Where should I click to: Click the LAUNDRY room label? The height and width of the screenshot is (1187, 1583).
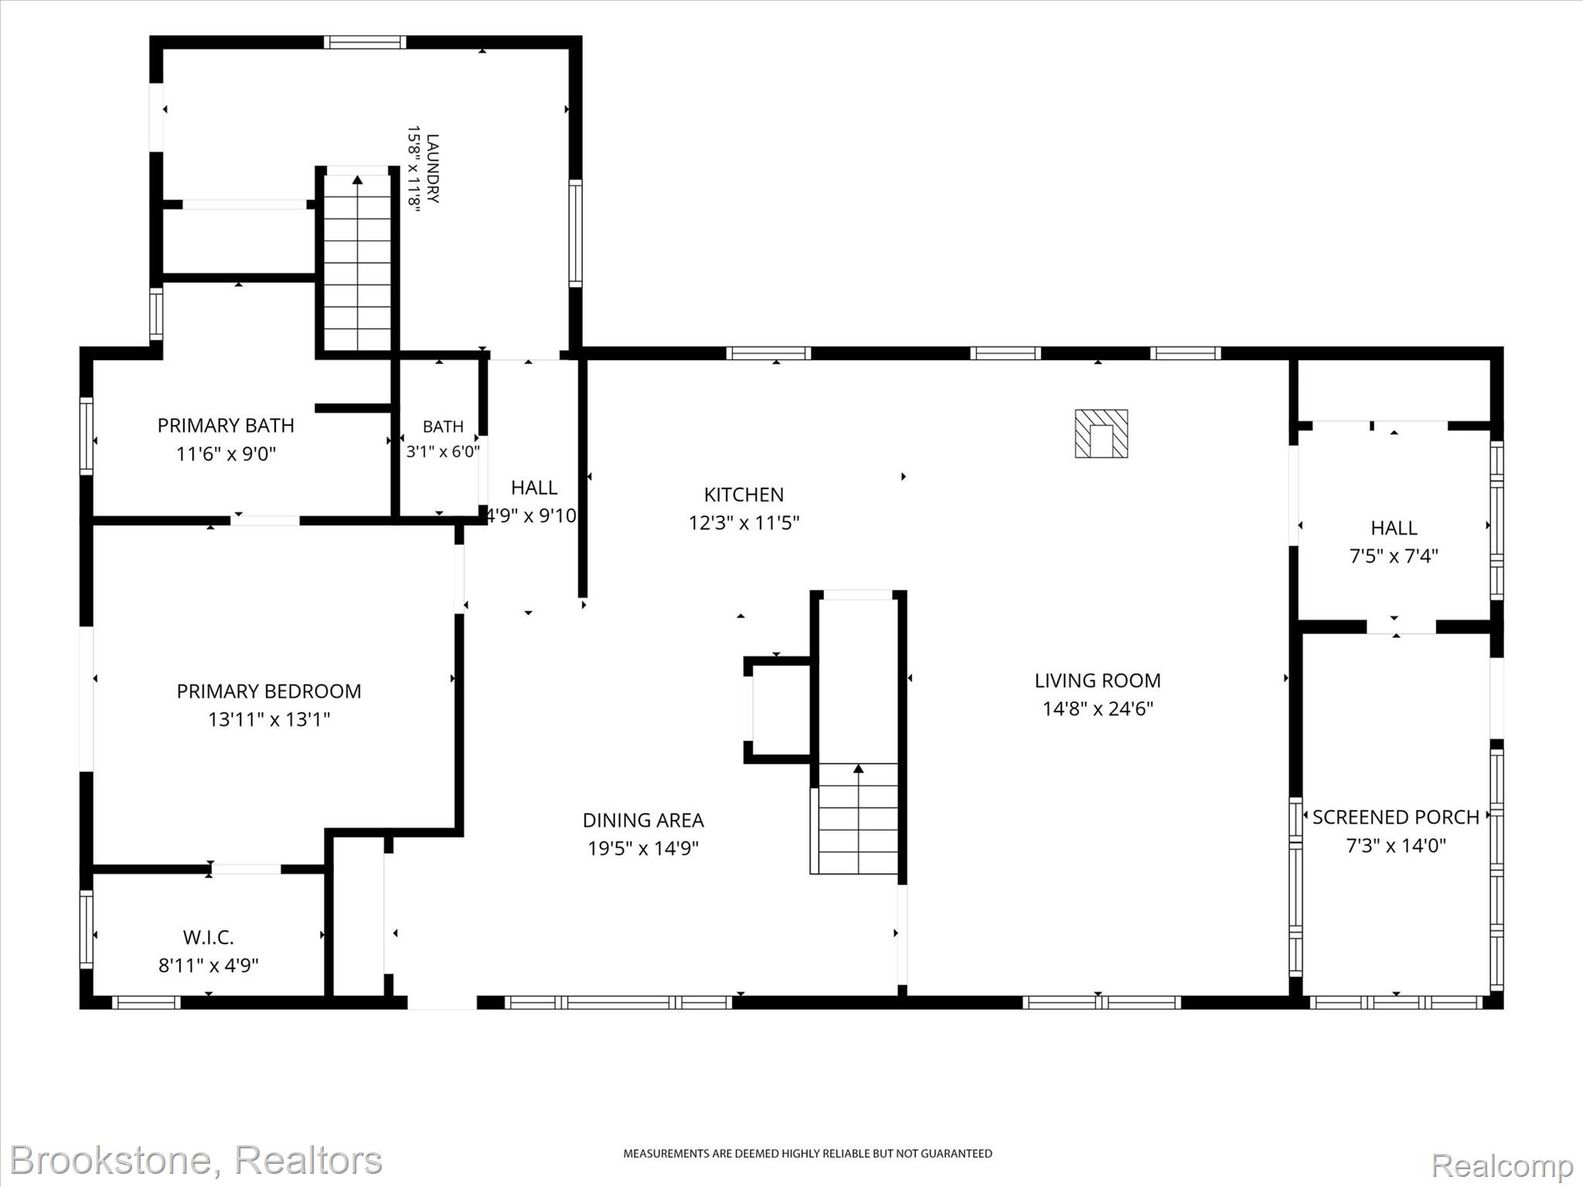click(433, 168)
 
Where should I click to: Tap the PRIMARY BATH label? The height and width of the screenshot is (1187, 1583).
click(226, 426)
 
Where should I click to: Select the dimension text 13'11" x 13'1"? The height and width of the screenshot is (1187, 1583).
click(269, 719)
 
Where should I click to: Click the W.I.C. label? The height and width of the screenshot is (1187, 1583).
click(209, 937)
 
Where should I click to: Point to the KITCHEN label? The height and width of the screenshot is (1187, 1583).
click(744, 495)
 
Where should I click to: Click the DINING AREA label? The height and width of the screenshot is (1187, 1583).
click(643, 820)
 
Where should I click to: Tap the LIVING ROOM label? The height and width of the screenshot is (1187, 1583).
click(1098, 681)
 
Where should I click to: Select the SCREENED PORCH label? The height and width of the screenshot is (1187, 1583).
click(1396, 817)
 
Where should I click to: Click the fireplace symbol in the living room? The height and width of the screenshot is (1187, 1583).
click(1101, 434)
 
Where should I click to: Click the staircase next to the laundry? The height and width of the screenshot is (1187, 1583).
click(357, 263)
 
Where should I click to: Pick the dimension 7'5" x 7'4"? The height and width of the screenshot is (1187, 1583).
click(1394, 556)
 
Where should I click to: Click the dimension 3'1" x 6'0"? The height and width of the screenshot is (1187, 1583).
click(443, 451)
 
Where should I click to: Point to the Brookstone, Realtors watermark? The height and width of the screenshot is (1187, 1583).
click(196, 1160)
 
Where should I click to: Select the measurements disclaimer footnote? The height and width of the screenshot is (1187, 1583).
click(808, 1154)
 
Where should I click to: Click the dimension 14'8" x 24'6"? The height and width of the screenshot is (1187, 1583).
click(1098, 709)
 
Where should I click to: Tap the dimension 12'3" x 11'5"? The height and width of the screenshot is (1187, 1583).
click(744, 523)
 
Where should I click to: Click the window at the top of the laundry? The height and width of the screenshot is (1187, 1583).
click(365, 42)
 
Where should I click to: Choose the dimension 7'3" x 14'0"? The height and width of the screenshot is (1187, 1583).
click(1396, 845)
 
